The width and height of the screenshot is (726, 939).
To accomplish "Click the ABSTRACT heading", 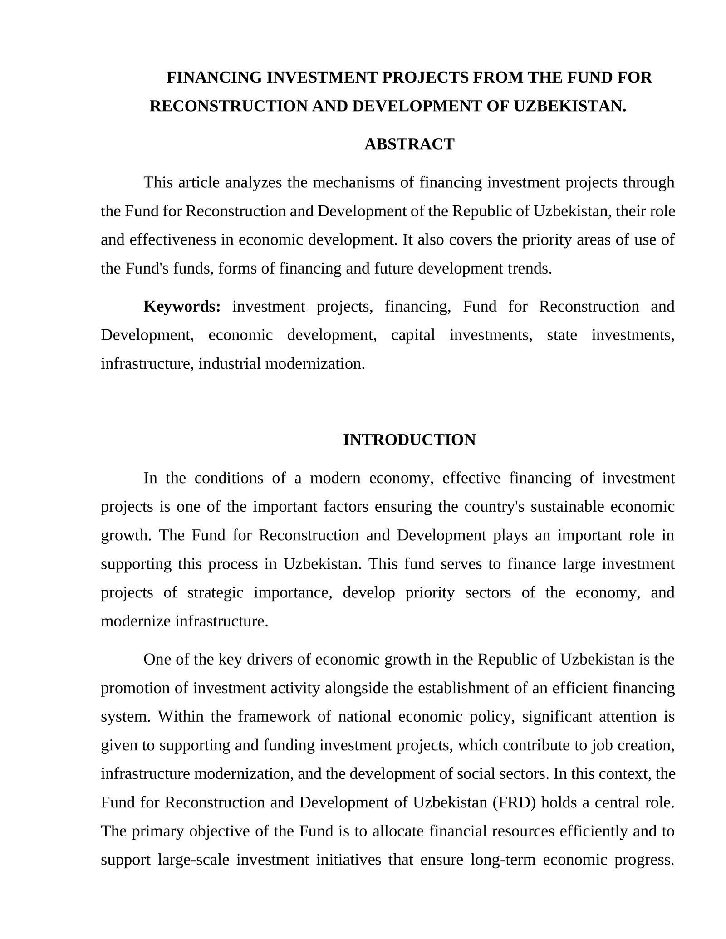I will pos(409,144).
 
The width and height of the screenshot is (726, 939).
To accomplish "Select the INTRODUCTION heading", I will pos(409,440).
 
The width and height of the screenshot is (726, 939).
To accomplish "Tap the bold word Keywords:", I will pos(182,307).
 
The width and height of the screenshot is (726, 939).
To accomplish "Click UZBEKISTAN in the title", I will pos(569,106).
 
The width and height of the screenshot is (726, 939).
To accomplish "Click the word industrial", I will pos(230,364).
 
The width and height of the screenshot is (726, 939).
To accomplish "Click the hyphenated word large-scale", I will pos(193,860).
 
